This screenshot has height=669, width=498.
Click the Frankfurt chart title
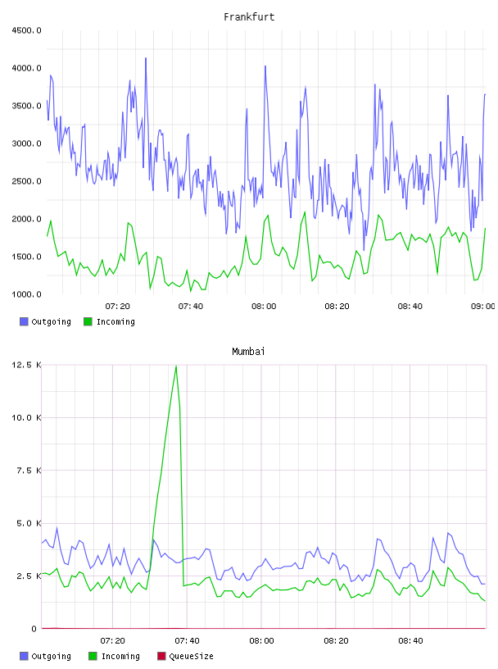(x=249, y=17)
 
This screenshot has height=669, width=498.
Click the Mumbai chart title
(x=248, y=352)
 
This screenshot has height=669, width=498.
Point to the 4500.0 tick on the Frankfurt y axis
(x=26, y=30)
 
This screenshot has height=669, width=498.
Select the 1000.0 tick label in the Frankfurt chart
(x=26, y=294)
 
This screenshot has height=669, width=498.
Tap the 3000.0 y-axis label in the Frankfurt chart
(x=26, y=143)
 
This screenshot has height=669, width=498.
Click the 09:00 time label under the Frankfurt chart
(x=482, y=307)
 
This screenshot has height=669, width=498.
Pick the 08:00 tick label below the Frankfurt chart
(x=264, y=307)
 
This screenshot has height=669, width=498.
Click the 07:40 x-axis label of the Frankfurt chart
(x=191, y=307)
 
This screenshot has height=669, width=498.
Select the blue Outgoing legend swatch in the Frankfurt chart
(x=24, y=321)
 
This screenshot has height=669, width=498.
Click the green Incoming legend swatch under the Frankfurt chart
(x=88, y=321)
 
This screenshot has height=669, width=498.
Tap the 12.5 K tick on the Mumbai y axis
(x=26, y=365)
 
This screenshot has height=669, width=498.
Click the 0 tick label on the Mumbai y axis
(x=34, y=629)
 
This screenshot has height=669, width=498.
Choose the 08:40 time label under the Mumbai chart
(x=410, y=641)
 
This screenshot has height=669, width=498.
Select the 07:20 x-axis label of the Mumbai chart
(x=112, y=641)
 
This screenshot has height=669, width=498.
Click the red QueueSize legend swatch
(x=161, y=656)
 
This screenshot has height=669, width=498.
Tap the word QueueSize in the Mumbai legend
(x=192, y=657)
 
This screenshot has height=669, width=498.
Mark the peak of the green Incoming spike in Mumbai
(x=176, y=366)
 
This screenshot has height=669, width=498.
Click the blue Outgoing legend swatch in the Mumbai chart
(x=24, y=656)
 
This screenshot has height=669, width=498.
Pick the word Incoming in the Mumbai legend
(x=120, y=657)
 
